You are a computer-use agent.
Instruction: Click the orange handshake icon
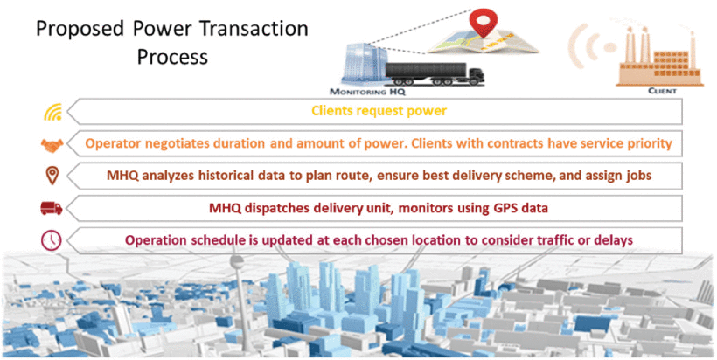(53, 143)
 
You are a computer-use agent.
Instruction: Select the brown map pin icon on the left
(53, 175)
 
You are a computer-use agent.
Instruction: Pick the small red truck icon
(53, 207)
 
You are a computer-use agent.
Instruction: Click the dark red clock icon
(53, 239)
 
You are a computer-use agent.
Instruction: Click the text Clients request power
(382, 111)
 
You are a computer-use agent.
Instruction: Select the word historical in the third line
(230, 175)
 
